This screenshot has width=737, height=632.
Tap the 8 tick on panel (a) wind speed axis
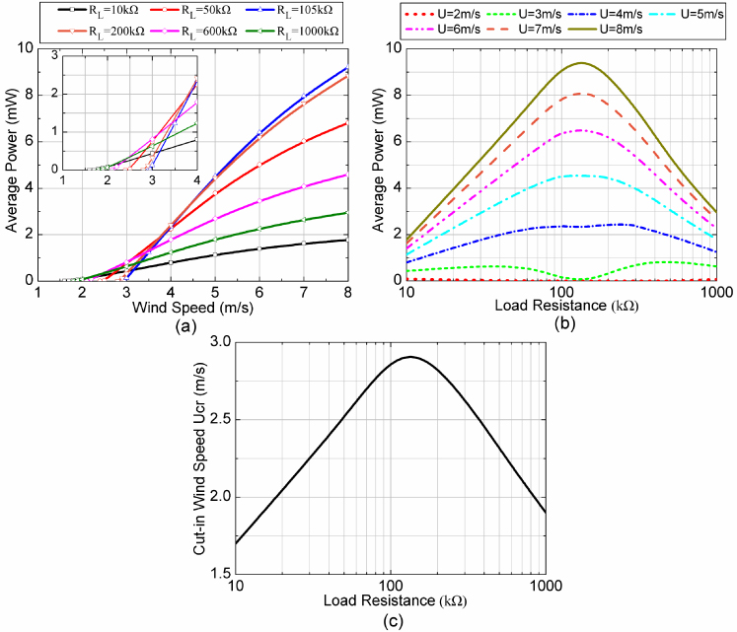pyautogui.click(x=346, y=293)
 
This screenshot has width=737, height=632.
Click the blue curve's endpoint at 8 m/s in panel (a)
pyautogui.click(x=346, y=68)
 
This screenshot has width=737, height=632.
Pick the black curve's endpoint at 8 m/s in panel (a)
pyautogui.click(x=346, y=240)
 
